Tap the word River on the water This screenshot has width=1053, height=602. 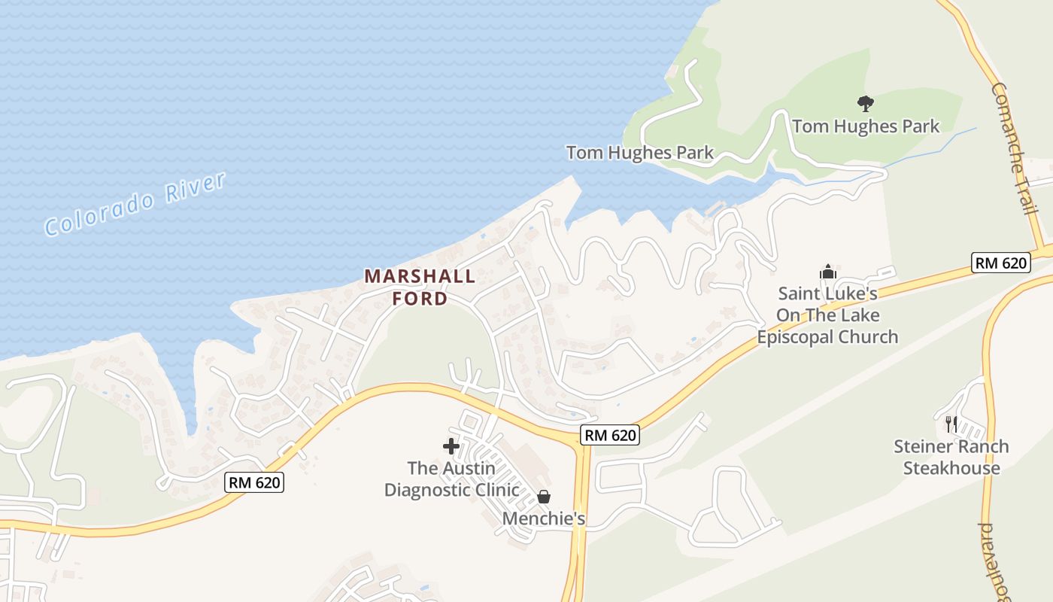tap(196, 187)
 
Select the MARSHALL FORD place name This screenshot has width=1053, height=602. tap(420, 287)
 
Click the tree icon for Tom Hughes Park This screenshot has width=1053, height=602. tap(865, 103)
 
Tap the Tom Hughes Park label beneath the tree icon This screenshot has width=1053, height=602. tap(865, 126)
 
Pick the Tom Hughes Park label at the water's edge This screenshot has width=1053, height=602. tap(639, 153)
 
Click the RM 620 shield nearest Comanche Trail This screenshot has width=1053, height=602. tap(1000, 263)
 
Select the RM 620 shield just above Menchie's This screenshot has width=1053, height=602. tap(609, 434)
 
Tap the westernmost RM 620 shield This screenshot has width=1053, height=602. tap(254, 482)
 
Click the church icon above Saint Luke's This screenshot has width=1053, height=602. tap(827, 272)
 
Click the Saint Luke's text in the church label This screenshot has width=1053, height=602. tap(827, 293)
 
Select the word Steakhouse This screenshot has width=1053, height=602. tap(951, 468)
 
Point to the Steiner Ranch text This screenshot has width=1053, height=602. tap(951, 446)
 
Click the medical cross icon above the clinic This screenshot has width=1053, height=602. tap(451, 446)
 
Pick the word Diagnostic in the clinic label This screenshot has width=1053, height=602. tap(451, 490)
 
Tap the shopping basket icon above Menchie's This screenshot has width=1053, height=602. tap(544, 497)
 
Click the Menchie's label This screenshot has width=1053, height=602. tap(544, 518)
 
